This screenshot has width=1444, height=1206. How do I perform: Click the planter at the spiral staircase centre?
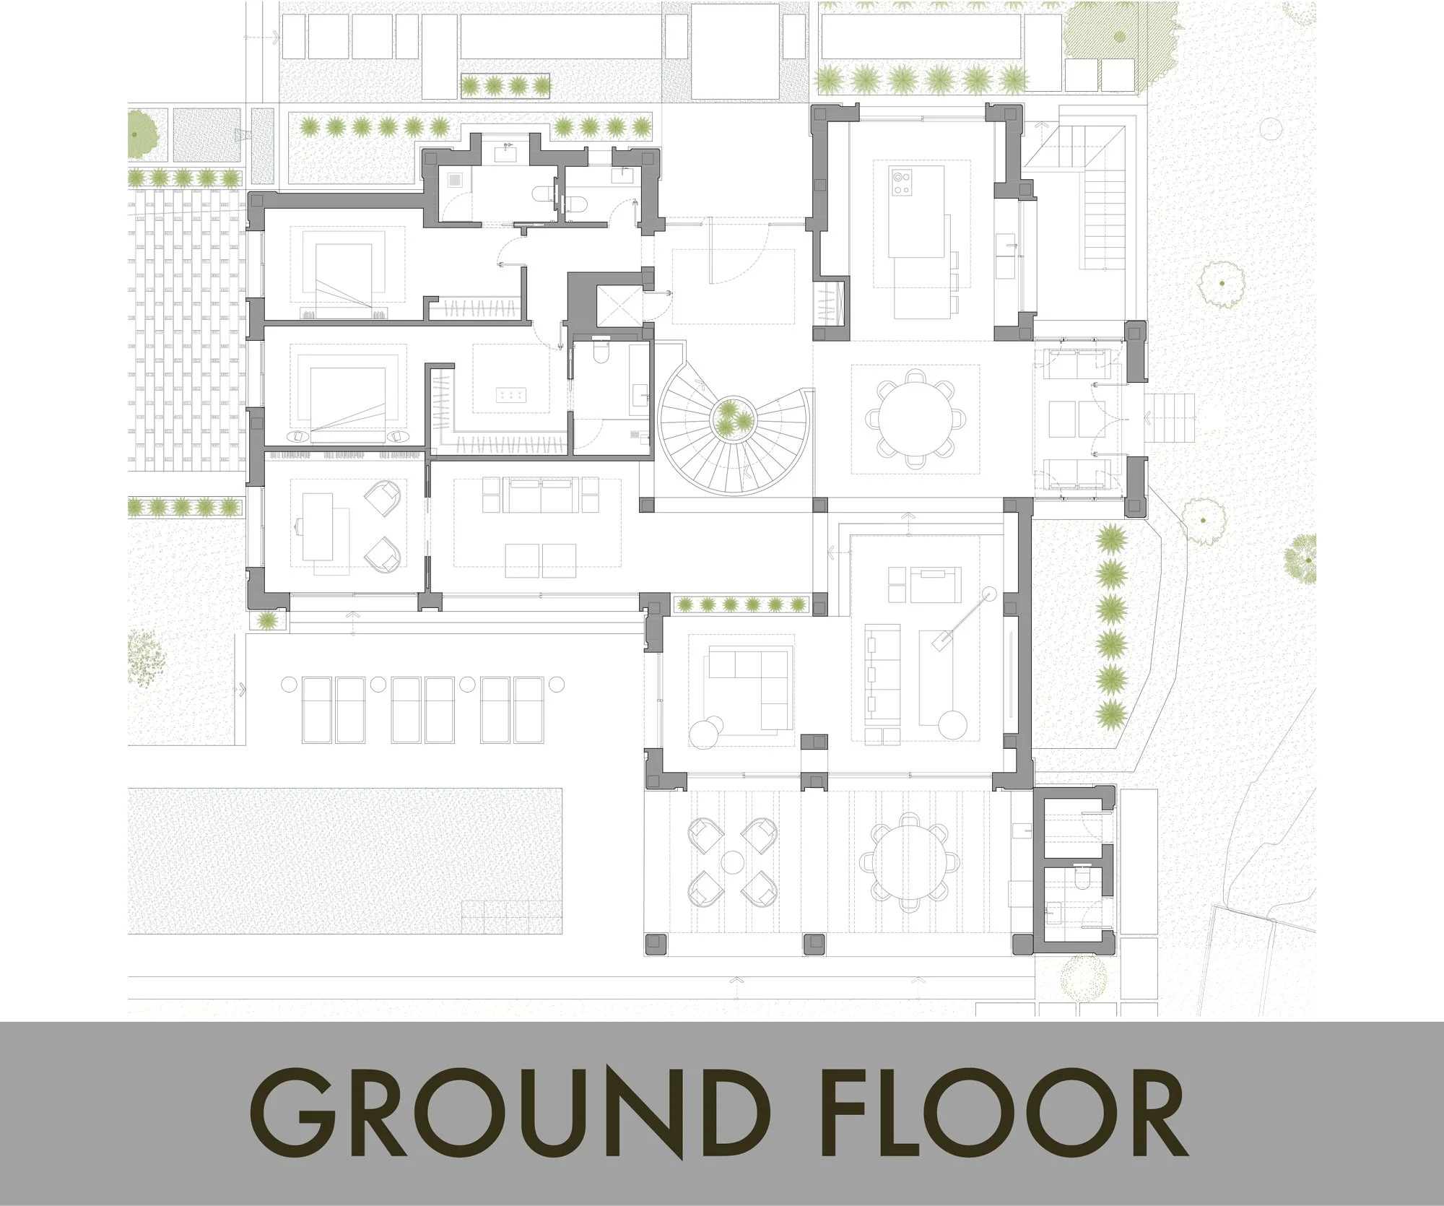[x=732, y=418]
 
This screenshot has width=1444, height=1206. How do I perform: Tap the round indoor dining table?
[x=915, y=418]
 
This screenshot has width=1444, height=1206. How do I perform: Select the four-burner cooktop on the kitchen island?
[x=902, y=181]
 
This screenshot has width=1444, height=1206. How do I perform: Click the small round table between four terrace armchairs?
[x=733, y=862]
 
